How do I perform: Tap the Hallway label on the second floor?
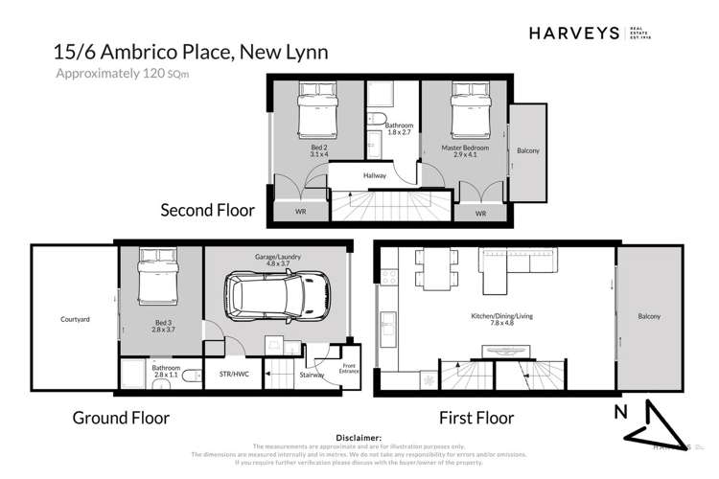(374, 175)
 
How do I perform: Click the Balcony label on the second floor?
(527, 151)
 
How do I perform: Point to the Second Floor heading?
(207, 209)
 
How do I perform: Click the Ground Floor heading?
(122, 419)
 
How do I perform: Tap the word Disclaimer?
(359, 436)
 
